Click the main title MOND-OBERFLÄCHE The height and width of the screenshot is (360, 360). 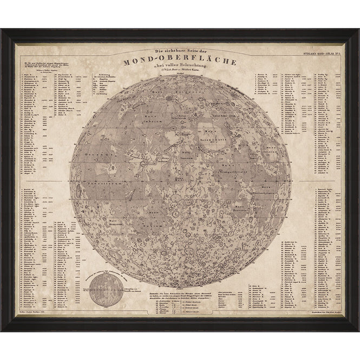[179, 62]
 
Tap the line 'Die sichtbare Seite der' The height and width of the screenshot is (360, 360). [179, 53]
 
